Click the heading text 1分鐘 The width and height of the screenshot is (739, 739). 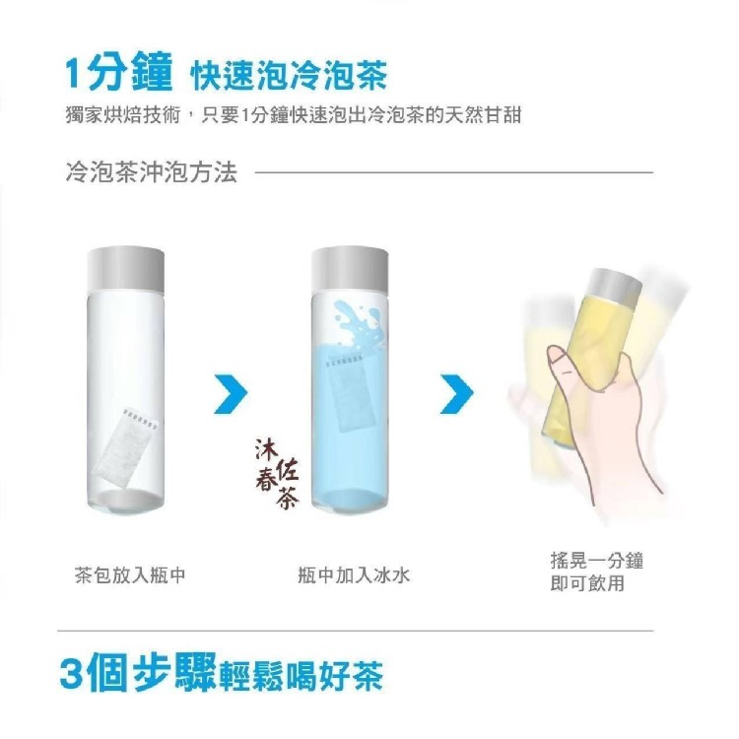coord(118,72)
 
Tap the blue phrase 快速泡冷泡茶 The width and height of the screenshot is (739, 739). coord(289,75)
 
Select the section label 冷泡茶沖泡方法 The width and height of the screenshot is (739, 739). coord(152,172)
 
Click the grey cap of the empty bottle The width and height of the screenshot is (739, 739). coord(126,271)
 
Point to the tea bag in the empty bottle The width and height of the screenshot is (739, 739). coord(125,444)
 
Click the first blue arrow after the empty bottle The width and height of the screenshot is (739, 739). coord(231,394)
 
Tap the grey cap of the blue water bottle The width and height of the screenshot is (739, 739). coord(350,271)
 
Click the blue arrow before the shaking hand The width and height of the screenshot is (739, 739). coord(456,394)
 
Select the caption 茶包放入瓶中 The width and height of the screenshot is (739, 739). coord(130,575)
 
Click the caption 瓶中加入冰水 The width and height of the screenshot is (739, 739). coord(355,575)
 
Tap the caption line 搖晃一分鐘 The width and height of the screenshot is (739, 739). coord(597,561)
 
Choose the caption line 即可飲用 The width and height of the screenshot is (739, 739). coord(587,583)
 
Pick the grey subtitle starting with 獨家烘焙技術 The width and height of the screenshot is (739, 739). coord(294,115)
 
